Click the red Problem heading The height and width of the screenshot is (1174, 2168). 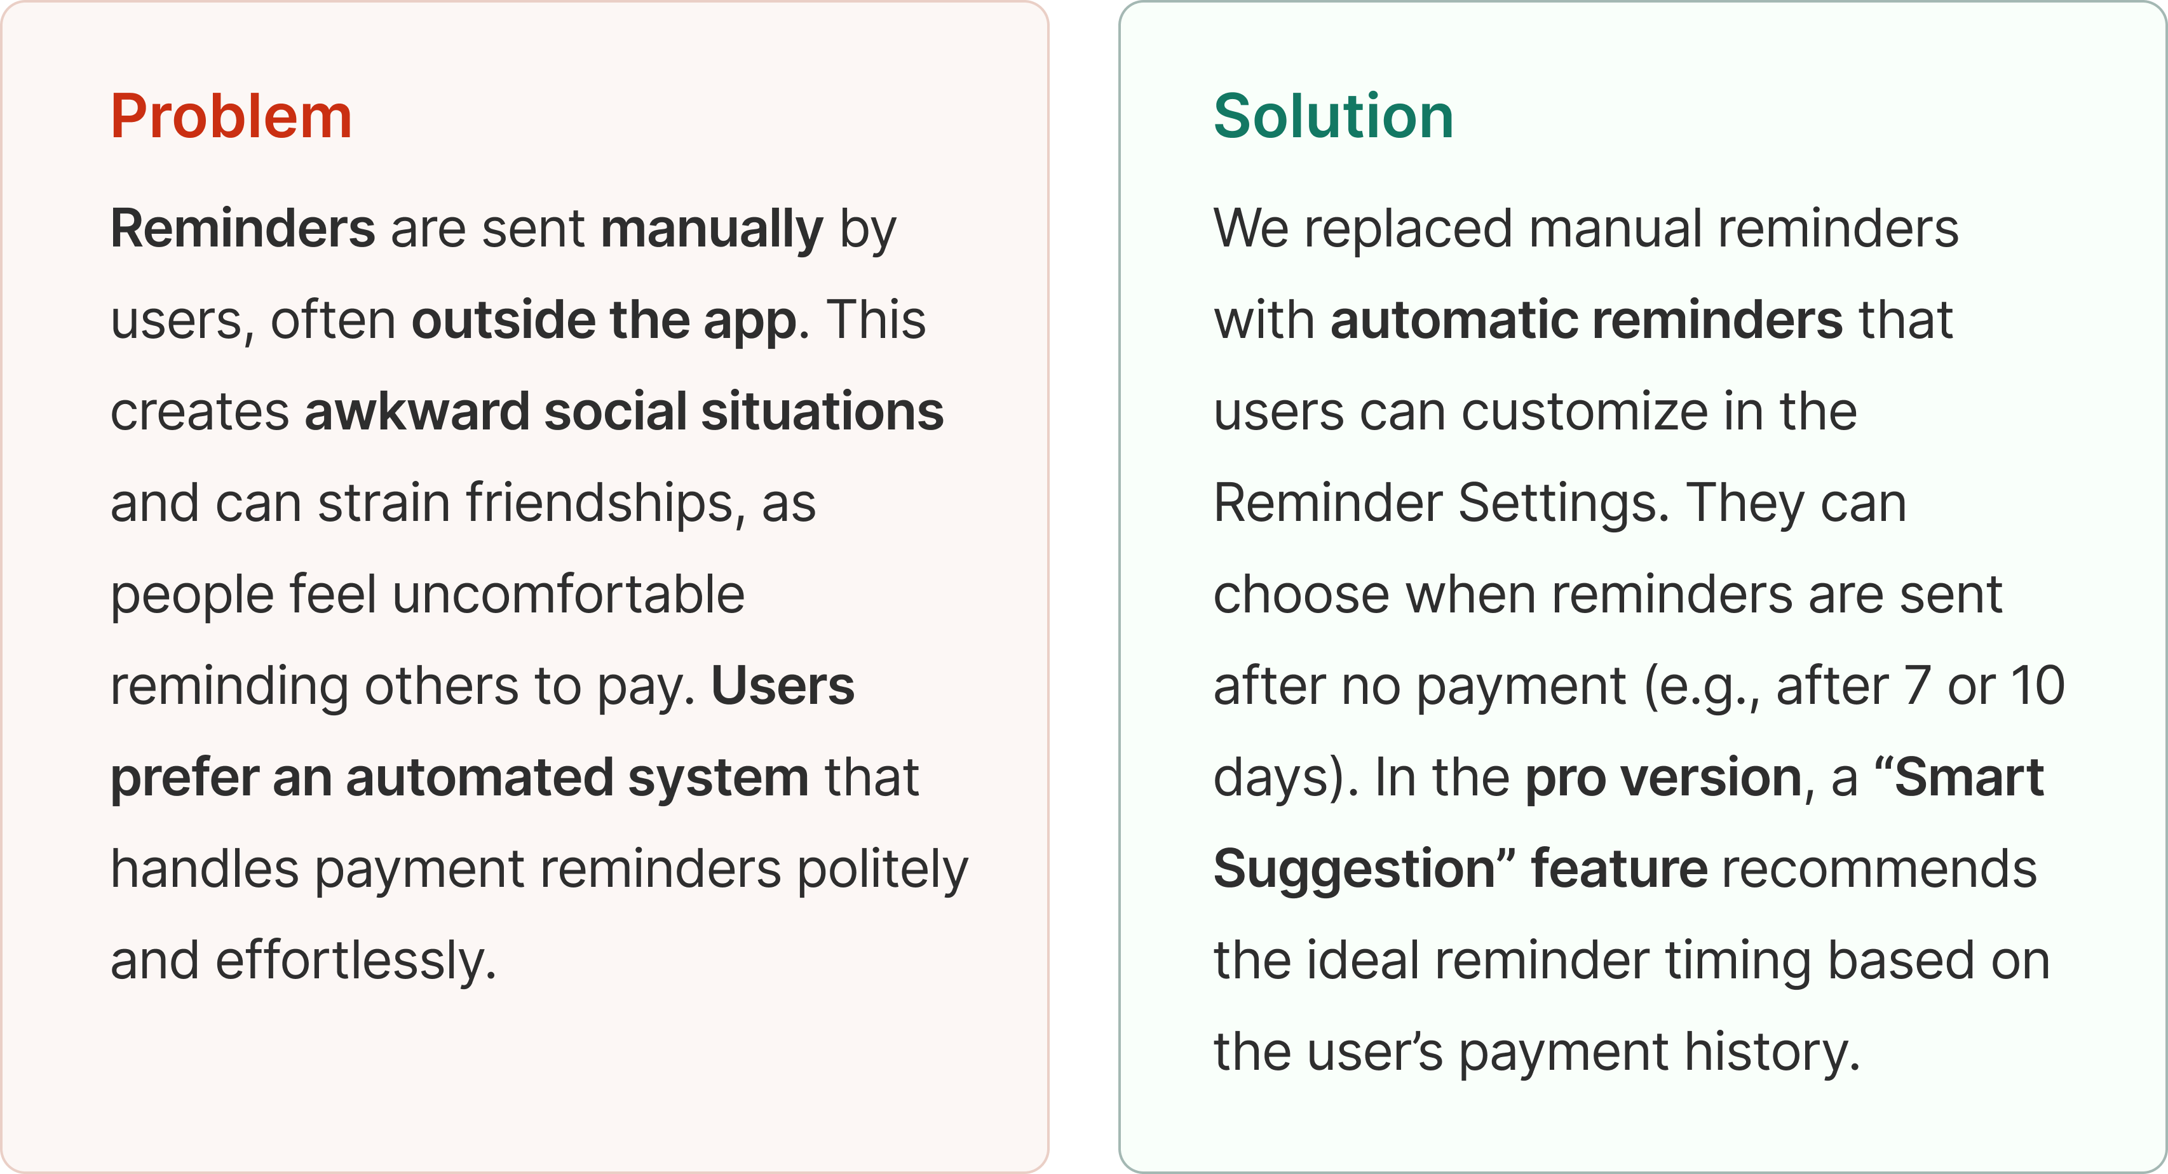click(x=231, y=116)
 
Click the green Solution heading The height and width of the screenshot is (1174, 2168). click(x=1334, y=116)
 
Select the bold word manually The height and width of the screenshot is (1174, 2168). click(x=712, y=230)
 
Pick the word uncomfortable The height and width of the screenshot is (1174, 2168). click(x=569, y=594)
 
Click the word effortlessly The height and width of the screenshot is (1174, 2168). click(x=356, y=961)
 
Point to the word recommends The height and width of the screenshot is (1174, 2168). click(x=1880, y=868)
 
